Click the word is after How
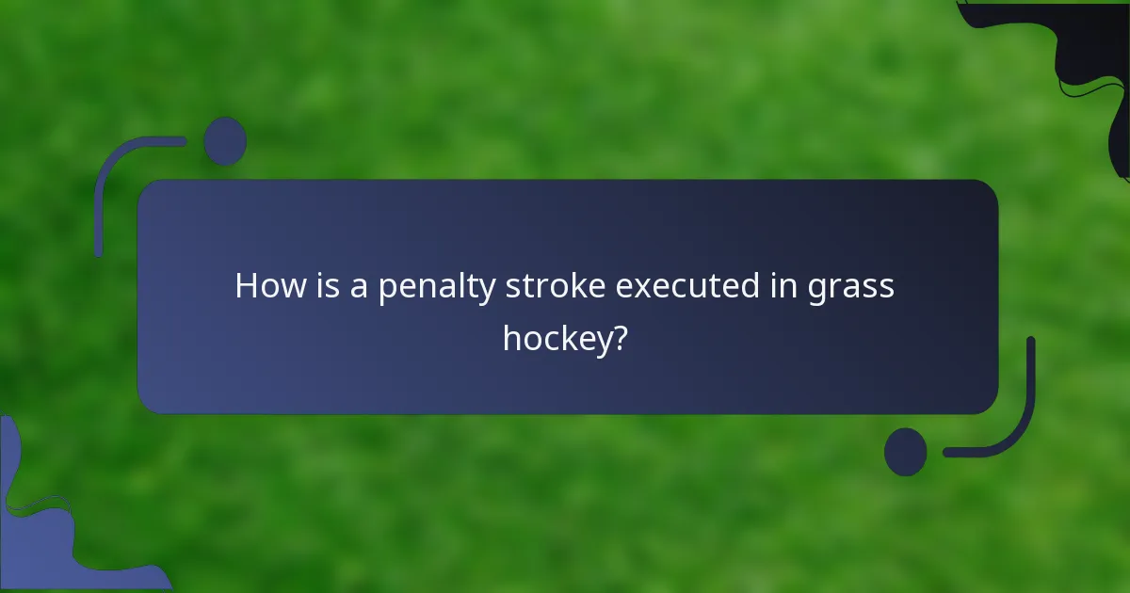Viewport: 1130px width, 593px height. click(324, 285)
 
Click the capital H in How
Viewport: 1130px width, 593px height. click(246, 285)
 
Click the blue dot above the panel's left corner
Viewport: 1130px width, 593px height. click(225, 141)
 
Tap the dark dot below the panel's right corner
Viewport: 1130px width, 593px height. click(905, 452)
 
